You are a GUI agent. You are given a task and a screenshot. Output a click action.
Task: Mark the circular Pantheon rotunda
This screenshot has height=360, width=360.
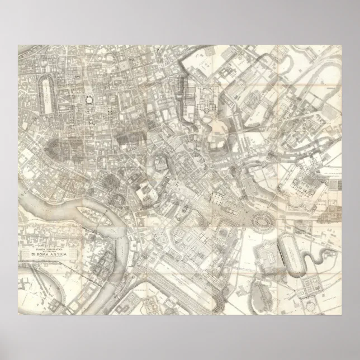[88, 100]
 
